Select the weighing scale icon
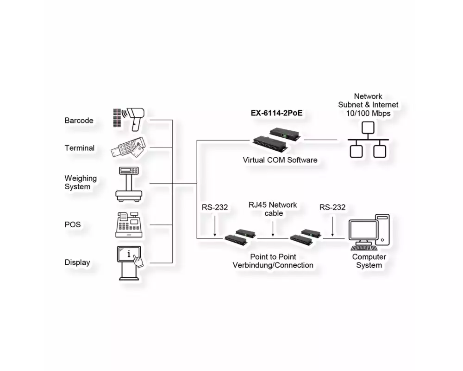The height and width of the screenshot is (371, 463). click(x=129, y=184)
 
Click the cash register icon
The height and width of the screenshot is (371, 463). click(x=128, y=224)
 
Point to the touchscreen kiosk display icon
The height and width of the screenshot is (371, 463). click(x=130, y=262)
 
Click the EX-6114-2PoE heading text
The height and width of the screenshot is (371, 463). click(x=276, y=113)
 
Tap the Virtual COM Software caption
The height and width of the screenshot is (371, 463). click(x=280, y=160)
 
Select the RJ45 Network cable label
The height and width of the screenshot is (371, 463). click(x=273, y=209)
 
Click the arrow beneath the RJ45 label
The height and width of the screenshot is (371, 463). click(x=273, y=229)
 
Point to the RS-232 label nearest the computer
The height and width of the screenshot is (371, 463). click(x=332, y=207)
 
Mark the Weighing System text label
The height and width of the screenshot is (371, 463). click(x=80, y=182)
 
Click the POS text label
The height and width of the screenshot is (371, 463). click(x=72, y=224)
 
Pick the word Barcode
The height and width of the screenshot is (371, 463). click(x=79, y=121)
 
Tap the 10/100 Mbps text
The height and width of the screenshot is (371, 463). click(x=368, y=113)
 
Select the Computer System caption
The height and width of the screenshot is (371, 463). click(x=369, y=261)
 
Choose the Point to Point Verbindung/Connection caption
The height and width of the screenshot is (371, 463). click(x=273, y=261)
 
